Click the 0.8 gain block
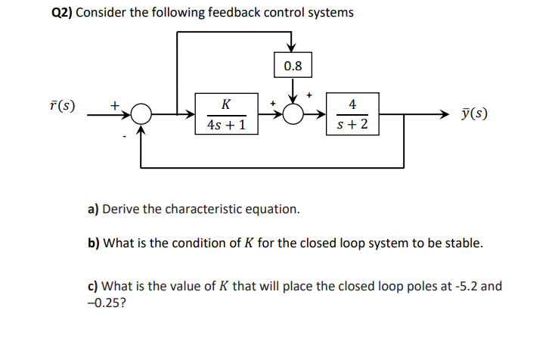(x=293, y=66)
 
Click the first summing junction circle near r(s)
(x=141, y=114)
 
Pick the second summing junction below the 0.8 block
(x=293, y=114)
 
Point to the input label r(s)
(x=63, y=104)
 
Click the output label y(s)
(x=473, y=114)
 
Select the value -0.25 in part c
(x=103, y=303)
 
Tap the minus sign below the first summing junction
(x=126, y=137)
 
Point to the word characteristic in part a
(x=201, y=209)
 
